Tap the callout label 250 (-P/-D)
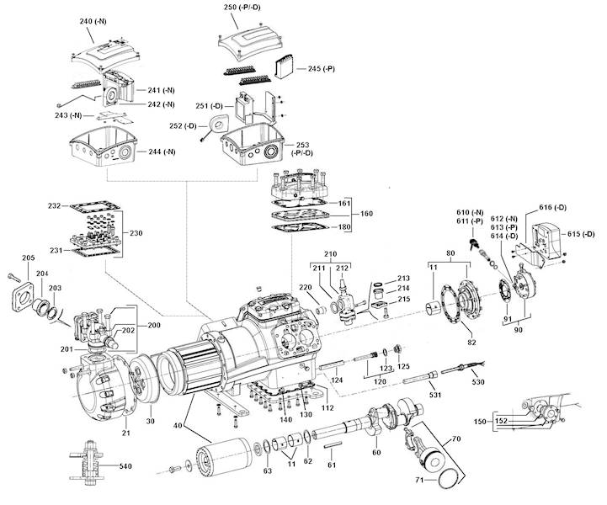tap(242, 8)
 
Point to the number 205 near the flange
tap(28, 258)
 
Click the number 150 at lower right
tap(482, 419)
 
